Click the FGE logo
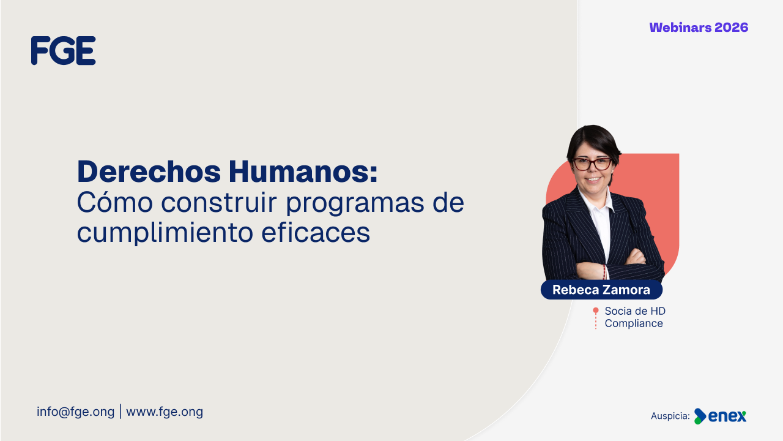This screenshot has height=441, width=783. [63, 50]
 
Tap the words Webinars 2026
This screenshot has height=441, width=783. [699, 28]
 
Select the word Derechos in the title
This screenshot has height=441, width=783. [149, 171]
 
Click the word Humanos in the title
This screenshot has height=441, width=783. [303, 171]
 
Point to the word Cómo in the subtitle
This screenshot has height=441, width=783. [114, 202]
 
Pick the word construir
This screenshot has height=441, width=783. [219, 203]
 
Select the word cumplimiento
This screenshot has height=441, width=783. [165, 233]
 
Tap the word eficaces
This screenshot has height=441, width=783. [316, 232]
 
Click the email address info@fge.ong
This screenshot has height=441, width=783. [75, 412]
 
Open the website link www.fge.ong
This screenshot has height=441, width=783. [165, 412]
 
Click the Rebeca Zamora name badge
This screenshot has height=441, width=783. [601, 290]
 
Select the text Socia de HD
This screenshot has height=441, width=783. [635, 311]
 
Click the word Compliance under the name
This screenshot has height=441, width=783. [634, 323]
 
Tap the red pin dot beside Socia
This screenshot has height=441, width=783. [596, 310]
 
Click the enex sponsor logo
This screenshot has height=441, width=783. [720, 416]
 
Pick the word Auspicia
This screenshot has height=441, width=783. [670, 416]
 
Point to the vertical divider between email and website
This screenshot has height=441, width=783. [121, 412]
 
